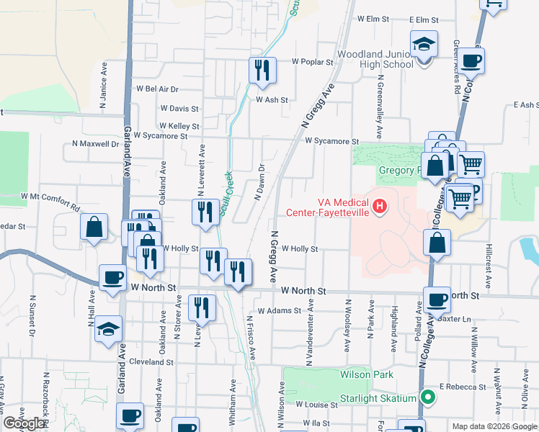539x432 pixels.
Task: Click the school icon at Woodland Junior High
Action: click(424, 45)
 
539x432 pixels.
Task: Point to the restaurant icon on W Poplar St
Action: click(262, 70)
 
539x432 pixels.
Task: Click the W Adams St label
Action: click(279, 311)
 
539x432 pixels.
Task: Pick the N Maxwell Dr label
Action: click(95, 143)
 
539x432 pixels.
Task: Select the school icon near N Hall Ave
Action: click(108, 329)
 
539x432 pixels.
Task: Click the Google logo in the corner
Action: click(24, 423)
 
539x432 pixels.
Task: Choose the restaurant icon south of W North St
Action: click(202, 308)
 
